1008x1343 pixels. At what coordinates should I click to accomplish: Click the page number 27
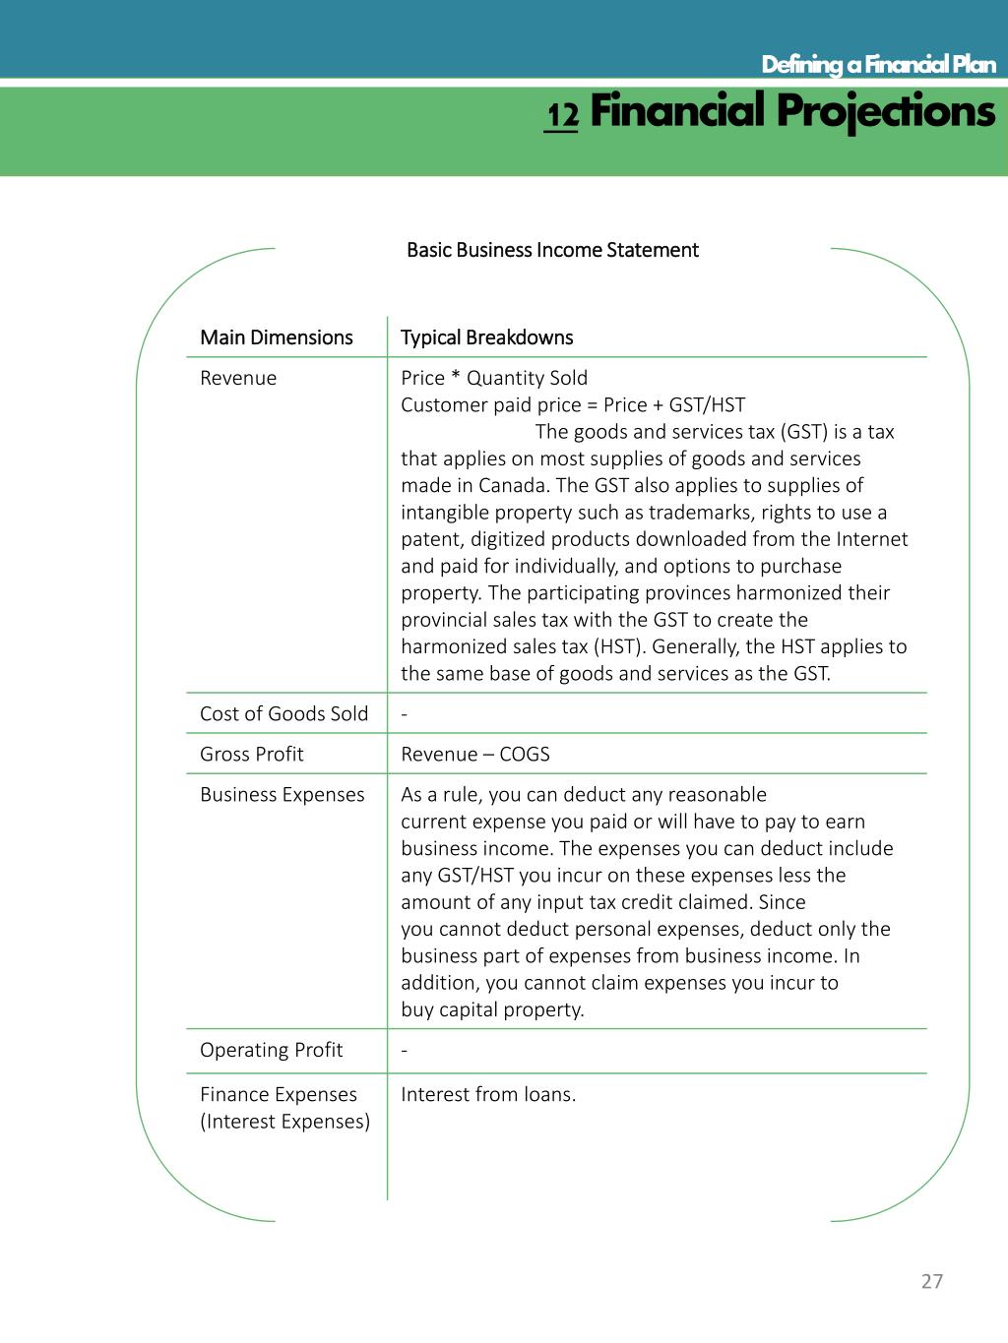click(931, 1280)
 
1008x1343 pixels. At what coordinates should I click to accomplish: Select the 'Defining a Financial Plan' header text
click(878, 65)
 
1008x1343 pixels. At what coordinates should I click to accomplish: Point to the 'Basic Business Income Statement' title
click(552, 250)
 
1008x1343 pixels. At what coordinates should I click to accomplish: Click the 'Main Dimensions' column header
click(276, 337)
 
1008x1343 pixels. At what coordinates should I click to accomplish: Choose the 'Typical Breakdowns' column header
click(486, 337)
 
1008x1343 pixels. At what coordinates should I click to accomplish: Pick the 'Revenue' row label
click(238, 378)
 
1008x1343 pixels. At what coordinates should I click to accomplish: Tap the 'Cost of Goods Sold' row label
click(283, 713)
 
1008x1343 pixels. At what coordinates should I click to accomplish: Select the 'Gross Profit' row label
click(251, 754)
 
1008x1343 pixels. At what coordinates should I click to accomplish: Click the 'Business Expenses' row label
click(282, 794)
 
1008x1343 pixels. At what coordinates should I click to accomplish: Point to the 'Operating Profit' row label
click(271, 1050)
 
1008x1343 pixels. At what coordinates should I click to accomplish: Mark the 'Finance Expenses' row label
click(278, 1094)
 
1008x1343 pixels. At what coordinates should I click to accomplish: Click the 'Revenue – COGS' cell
click(474, 754)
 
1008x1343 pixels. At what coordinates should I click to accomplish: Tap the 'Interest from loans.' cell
click(488, 1094)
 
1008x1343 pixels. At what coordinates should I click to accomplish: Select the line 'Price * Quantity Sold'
click(493, 378)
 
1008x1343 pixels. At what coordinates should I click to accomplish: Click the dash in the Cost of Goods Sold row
click(405, 713)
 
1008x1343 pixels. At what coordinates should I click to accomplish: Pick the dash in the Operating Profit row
click(405, 1050)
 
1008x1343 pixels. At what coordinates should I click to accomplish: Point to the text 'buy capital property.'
click(492, 1009)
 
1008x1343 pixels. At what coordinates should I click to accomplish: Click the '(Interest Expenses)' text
click(284, 1121)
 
